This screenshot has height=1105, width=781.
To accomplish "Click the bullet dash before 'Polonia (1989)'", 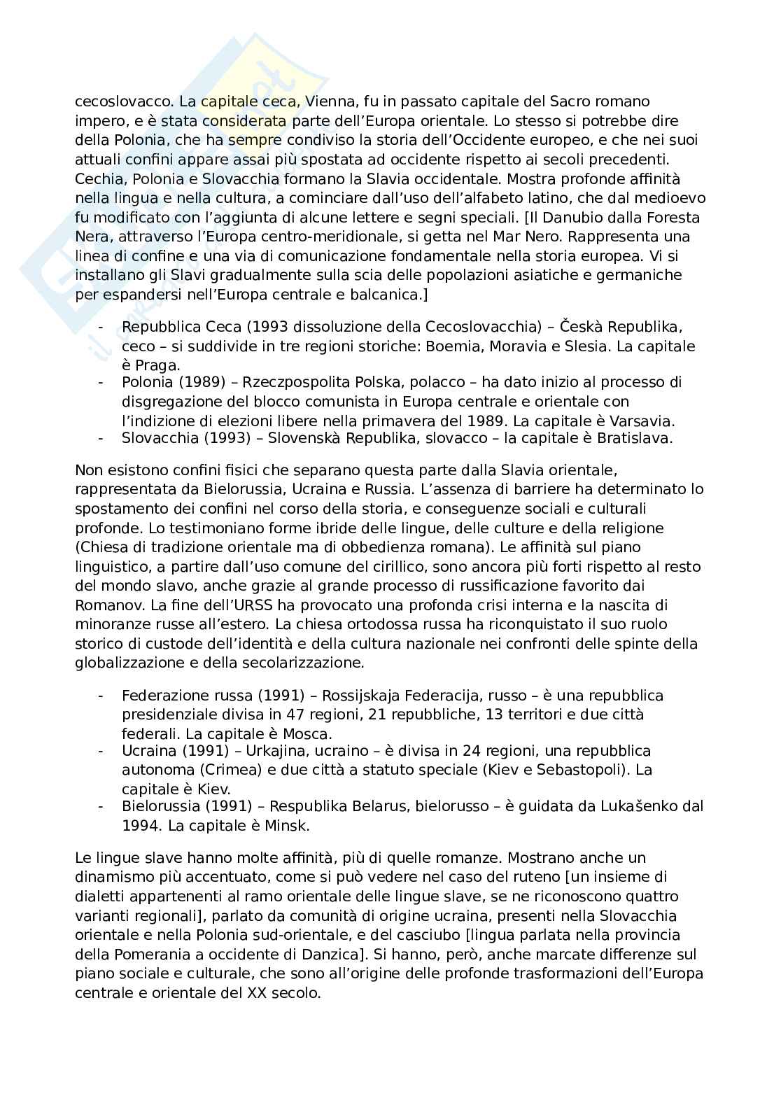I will (102, 382).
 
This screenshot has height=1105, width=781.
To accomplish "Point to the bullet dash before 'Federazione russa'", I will (102, 696).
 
